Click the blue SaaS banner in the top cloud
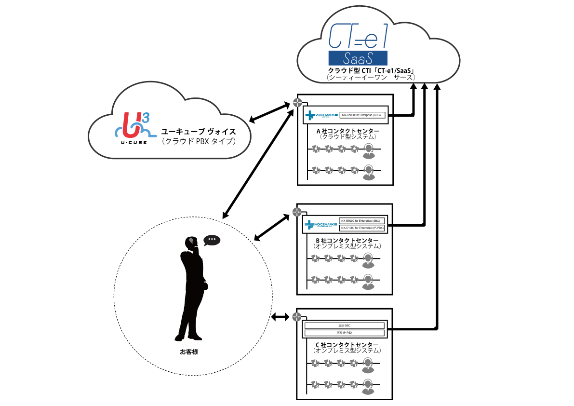[359, 58]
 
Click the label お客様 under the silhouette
[189, 352]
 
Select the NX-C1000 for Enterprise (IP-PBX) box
[362, 228]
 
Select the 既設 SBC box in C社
[344, 325]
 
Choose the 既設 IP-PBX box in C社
[344, 333]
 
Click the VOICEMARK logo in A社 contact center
[321, 116]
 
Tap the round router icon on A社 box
[297, 103]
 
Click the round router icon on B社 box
[297, 213]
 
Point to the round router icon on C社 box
[297, 317]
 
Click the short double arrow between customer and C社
[280, 317]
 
